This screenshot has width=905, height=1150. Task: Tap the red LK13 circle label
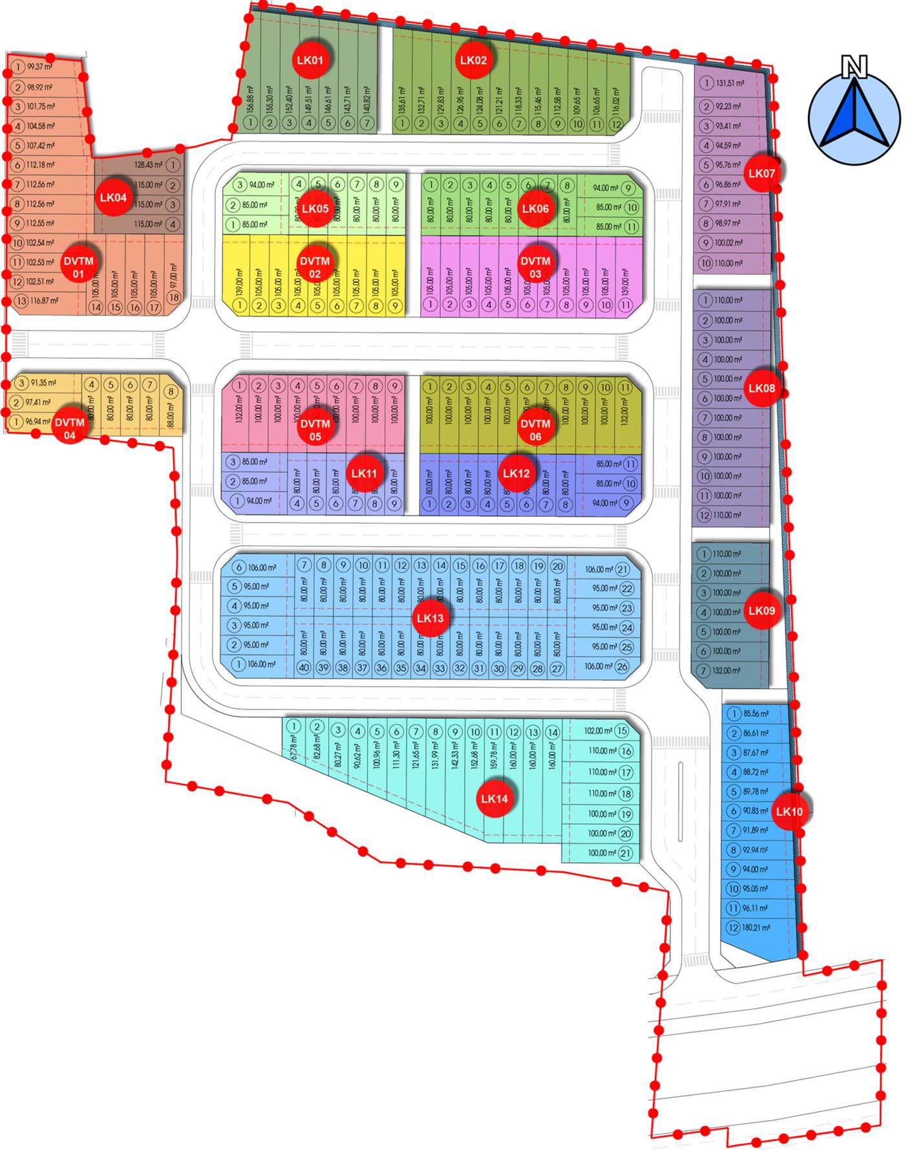tap(430, 618)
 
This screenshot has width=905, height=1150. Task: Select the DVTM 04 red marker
tap(70, 428)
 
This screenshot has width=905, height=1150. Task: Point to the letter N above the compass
tap(853, 66)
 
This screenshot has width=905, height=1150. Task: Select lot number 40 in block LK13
tap(304, 667)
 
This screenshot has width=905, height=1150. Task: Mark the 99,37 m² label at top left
tap(40, 67)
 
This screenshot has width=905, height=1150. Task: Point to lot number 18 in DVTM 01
tap(173, 298)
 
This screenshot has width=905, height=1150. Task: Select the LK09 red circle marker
tap(761, 611)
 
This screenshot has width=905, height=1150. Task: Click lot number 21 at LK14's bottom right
tap(625, 854)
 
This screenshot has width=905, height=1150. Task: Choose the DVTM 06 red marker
tap(535, 429)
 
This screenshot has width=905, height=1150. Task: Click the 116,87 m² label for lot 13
tap(45, 301)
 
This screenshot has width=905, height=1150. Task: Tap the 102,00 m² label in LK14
tap(598, 731)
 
